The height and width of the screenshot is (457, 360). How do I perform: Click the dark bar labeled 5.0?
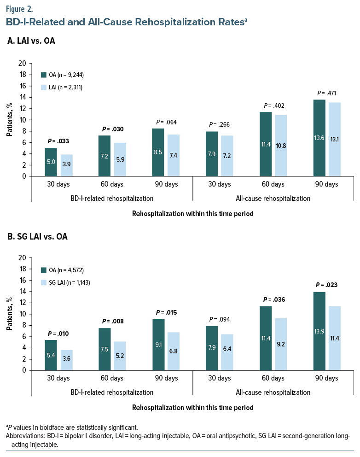point(51,162)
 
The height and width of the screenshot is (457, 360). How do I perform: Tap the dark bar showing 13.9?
point(319,331)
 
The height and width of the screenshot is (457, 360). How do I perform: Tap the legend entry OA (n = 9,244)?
point(62,75)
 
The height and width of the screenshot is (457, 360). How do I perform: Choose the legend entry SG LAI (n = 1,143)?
point(65,282)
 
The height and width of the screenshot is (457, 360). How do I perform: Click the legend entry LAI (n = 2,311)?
point(62,87)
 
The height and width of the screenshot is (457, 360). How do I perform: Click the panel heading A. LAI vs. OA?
point(32,41)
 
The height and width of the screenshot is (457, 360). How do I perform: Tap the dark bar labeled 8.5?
point(158,152)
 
